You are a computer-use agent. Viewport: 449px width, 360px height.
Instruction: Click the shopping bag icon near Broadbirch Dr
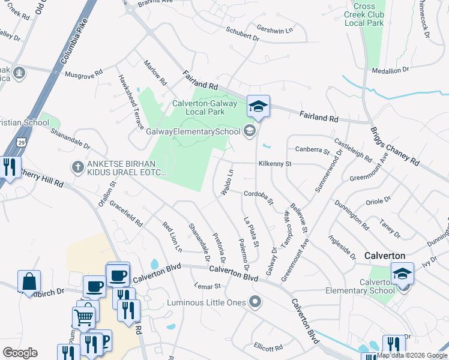point(29,281)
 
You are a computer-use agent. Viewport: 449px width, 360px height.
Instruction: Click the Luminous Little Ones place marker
point(256,302)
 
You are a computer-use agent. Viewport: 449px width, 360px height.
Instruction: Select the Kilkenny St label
point(274,164)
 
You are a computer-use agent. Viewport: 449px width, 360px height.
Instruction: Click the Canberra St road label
point(313,150)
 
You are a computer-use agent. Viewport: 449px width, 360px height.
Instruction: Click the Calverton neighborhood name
point(385,256)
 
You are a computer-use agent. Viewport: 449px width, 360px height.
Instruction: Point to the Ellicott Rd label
point(268,347)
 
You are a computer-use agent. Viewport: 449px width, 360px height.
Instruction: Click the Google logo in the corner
point(20,352)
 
